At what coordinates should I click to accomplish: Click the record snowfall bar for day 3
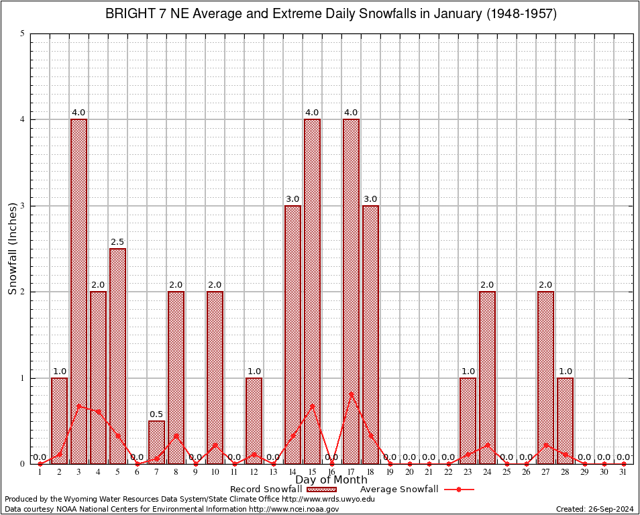78,291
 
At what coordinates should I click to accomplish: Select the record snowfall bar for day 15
312,291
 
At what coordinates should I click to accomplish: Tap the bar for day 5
117,355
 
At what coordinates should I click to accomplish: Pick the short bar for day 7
156,442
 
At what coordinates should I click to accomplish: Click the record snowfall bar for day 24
487,377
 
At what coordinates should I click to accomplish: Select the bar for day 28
565,420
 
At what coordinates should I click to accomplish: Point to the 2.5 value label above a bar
117,242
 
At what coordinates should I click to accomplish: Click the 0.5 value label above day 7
156,414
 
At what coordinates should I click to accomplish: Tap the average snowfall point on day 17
351,394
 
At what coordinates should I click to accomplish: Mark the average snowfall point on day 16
331,463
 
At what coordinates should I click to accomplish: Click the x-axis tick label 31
623,473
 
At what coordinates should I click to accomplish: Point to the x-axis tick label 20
409,473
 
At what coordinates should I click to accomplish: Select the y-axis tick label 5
23,34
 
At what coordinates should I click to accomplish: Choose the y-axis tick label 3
23,206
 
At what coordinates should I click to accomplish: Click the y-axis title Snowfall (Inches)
13,248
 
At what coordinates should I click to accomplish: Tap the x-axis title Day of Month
331,480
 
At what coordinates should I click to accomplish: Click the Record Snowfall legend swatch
322,490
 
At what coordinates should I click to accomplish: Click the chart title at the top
331,14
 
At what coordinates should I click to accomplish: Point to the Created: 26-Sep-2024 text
594,509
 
